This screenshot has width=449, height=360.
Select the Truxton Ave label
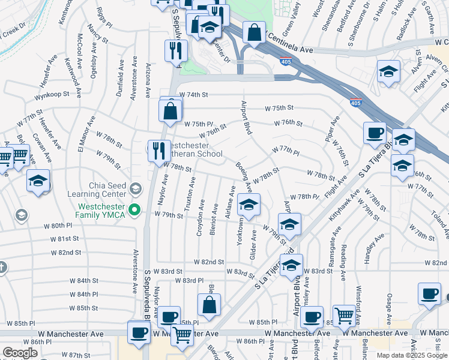(190, 193)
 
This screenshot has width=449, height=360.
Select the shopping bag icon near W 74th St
(170, 110)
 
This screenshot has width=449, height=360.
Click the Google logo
(20, 353)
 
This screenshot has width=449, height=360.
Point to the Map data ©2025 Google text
(411, 355)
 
